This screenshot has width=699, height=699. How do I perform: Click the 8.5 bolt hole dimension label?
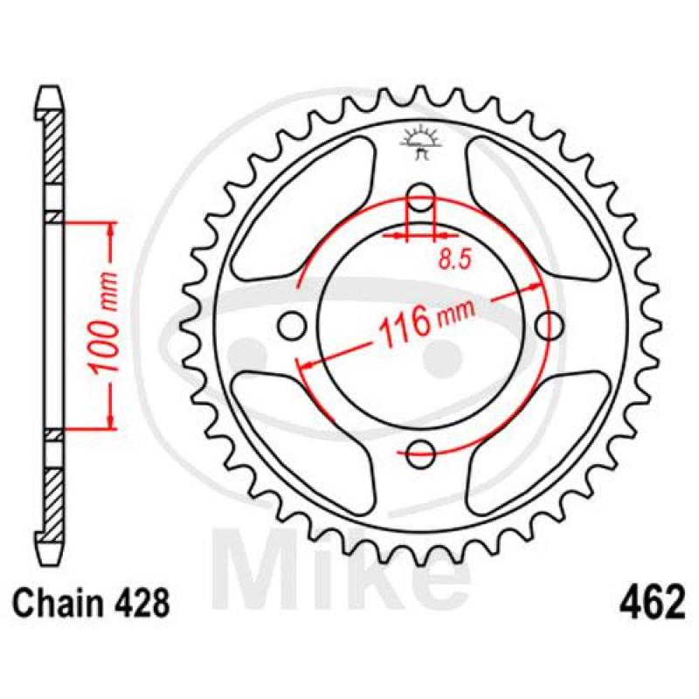[454, 260]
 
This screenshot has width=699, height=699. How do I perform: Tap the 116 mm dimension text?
[426, 321]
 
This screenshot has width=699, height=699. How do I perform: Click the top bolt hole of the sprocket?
[420, 197]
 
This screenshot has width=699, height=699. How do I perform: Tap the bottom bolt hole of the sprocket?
[420, 454]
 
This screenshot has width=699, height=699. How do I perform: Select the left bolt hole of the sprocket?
[292, 326]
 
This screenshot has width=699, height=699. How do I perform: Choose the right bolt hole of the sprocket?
[550, 326]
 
